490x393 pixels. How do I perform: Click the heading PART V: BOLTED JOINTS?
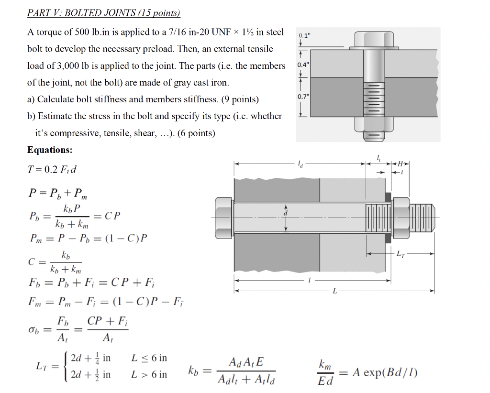103,13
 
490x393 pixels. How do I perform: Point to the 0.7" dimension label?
303,97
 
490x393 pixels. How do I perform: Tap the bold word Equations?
50,150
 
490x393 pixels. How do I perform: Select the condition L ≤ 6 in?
149,358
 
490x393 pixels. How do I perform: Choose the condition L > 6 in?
149,374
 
